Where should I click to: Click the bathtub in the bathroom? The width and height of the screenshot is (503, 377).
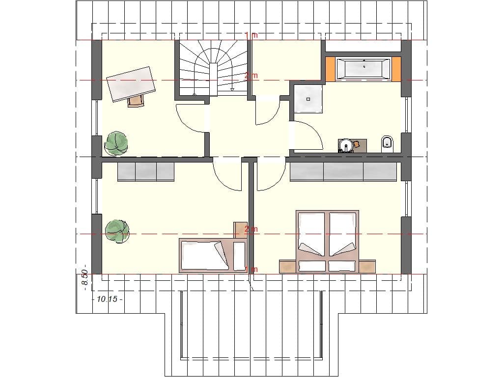click(363, 68)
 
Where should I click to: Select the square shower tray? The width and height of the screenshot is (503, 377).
click(308, 99)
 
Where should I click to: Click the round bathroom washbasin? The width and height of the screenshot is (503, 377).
click(347, 145)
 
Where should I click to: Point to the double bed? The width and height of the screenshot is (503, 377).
click(327, 241)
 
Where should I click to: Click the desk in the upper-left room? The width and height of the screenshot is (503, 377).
click(131, 83)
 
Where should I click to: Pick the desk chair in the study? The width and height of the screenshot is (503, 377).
click(136, 101)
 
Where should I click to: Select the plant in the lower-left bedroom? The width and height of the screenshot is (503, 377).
click(117, 230)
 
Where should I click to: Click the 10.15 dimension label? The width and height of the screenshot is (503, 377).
click(107, 299)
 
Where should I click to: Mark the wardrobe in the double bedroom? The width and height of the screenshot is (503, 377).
click(343, 171)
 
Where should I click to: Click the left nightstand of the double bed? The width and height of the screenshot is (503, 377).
click(288, 266)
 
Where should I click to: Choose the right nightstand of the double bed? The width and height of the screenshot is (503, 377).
click(367, 266)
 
